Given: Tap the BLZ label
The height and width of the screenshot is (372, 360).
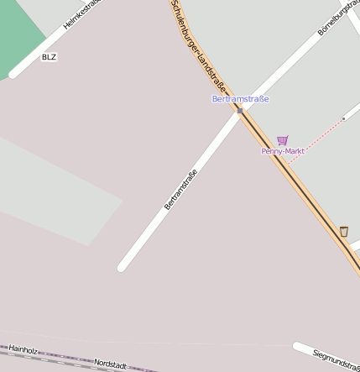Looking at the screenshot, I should click(50, 57).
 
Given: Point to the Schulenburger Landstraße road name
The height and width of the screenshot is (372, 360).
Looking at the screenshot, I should click(199, 46).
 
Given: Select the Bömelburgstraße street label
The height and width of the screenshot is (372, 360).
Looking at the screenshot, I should click(338, 18).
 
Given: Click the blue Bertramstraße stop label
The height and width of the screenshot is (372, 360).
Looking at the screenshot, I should click(240, 99).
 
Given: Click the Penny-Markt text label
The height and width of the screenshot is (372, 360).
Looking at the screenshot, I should click(282, 151).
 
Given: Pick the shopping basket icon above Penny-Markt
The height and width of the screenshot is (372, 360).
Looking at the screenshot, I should click(282, 140).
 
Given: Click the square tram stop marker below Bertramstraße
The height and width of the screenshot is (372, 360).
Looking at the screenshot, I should click(240, 110).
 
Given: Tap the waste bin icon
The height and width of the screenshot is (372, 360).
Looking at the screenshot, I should click(343, 231).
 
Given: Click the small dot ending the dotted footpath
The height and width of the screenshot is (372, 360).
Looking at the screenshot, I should click(343, 119).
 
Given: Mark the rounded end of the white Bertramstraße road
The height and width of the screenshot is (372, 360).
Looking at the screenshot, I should click(123, 267).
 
